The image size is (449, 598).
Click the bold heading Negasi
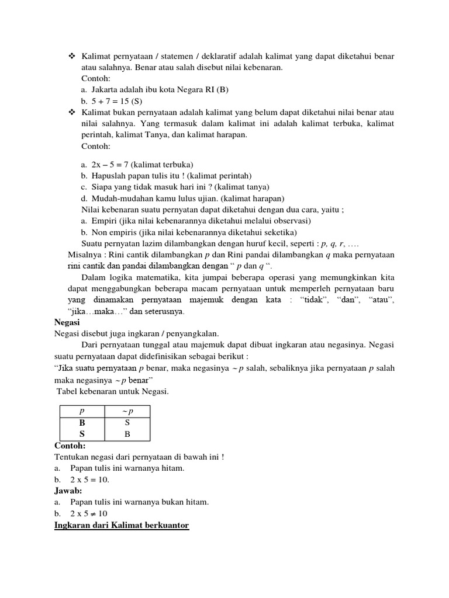(67, 322)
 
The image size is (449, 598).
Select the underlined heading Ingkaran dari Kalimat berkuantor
(122, 526)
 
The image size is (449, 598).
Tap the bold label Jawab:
(68, 491)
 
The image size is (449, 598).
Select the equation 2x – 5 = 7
(110, 165)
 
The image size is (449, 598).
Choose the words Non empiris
(116, 232)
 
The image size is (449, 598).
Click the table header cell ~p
(127, 411)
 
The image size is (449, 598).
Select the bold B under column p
(82, 423)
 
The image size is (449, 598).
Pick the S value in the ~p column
(127, 423)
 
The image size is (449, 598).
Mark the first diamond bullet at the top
(72, 56)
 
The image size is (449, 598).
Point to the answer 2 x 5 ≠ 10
(89, 513)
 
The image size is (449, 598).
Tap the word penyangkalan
(189, 333)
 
